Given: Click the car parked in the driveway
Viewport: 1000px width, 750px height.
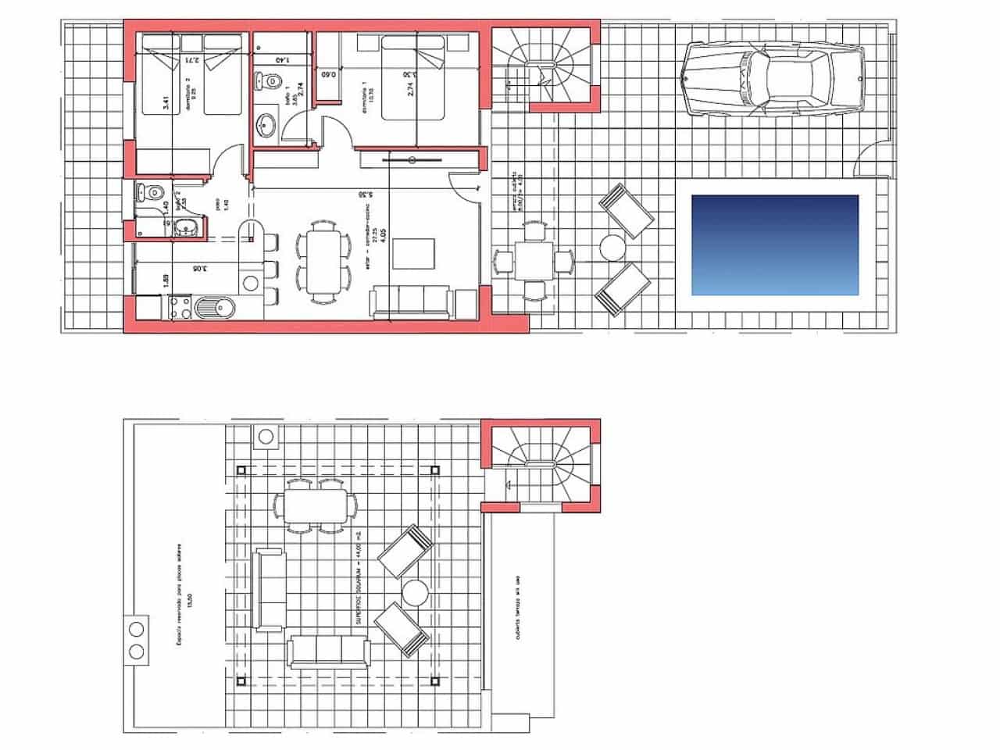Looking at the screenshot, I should click(x=773, y=79).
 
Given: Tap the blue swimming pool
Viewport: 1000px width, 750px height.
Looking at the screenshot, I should click(x=774, y=245).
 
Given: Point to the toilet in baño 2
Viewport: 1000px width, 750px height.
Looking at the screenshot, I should click(x=151, y=192).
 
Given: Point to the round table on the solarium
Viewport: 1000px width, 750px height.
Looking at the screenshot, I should click(x=414, y=592).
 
